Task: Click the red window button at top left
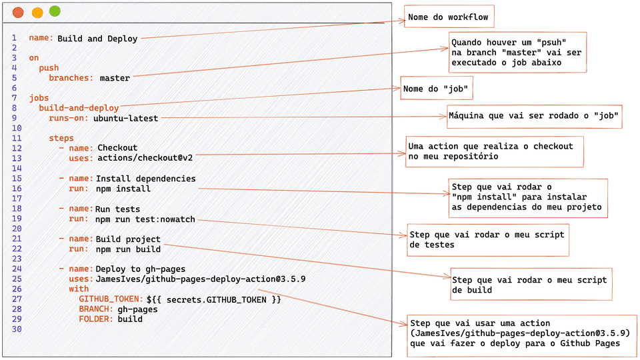(x=18, y=12)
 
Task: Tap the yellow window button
(x=37, y=12)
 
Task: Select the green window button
(x=55, y=11)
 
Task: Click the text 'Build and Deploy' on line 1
(x=97, y=39)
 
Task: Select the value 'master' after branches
(x=115, y=78)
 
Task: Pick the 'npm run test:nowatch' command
(x=145, y=219)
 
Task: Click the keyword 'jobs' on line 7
(x=39, y=98)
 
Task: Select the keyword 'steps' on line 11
(x=61, y=138)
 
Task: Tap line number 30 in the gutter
(x=17, y=329)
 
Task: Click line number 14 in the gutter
(x=17, y=169)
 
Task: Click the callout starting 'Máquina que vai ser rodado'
(x=535, y=116)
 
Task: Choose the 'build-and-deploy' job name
(x=79, y=108)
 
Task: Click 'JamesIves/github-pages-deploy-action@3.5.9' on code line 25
(x=201, y=279)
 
